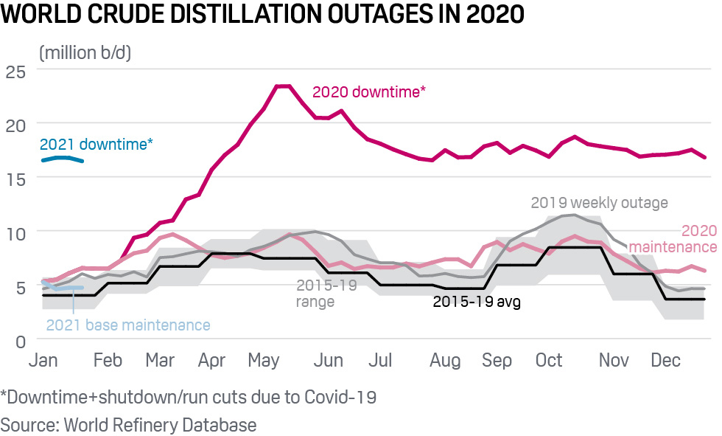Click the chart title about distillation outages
pos(262,15)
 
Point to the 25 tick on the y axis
pos(15,72)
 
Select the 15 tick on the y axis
pos(15,179)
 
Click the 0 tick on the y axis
pos(20,342)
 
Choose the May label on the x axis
pos(264,361)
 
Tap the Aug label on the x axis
pos(445,361)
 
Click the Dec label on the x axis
pos(665,361)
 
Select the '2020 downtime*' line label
pos(369,92)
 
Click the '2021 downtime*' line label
pos(97,145)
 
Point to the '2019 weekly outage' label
pos(599,202)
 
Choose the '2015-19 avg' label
pos(477,301)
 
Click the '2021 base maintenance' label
pos(127,325)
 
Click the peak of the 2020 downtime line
pos(283,86)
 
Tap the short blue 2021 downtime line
pos(62,159)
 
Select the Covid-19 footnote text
pos(189,397)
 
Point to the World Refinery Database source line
pos(128,424)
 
